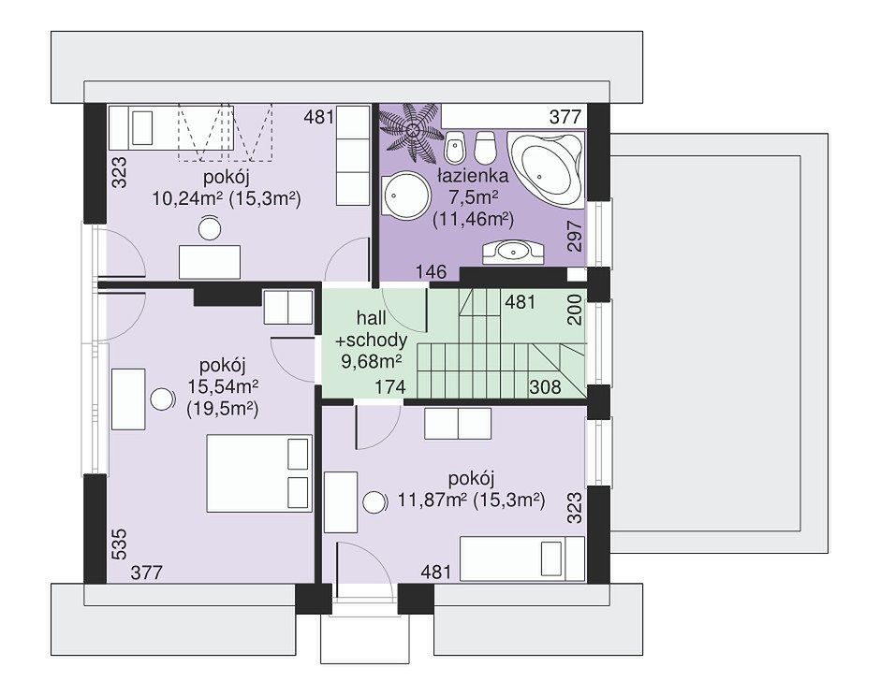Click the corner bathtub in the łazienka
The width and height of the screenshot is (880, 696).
pyautogui.click(x=546, y=167)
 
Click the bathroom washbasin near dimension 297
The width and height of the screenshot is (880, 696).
pyautogui.click(x=513, y=253)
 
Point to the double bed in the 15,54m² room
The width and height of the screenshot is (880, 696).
pyautogui.click(x=259, y=472)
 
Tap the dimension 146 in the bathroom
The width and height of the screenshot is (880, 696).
pyautogui.click(x=431, y=272)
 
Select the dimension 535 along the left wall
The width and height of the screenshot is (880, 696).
pyautogui.click(x=120, y=544)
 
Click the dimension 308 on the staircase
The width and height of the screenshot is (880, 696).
pyautogui.click(x=545, y=387)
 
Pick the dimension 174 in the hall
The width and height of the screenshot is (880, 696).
pyautogui.click(x=389, y=387)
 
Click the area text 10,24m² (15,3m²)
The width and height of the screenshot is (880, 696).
pyautogui.click(x=227, y=198)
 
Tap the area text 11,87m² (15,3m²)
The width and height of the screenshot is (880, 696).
pyautogui.click(x=472, y=500)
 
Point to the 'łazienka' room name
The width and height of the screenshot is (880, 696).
pyautogui.click(x=473, y=176)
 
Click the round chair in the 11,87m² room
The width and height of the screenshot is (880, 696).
pyautogui.click(x=374, y=501)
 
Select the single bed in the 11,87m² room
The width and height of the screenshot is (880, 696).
pyautogui.click(x=522, y=558)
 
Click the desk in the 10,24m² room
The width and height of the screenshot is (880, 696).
pyautogui.click(x=210, y=262)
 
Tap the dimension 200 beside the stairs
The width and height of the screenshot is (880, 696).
pyautogui.click(x=574, y=310)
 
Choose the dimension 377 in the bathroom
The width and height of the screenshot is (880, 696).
pyautogui.click(x=565, y=117)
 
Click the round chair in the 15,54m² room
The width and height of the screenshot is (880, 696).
pyautogui.click(x=163, y=399)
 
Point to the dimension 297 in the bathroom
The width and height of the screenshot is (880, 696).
pyautogui.click(x=575, y=236)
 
